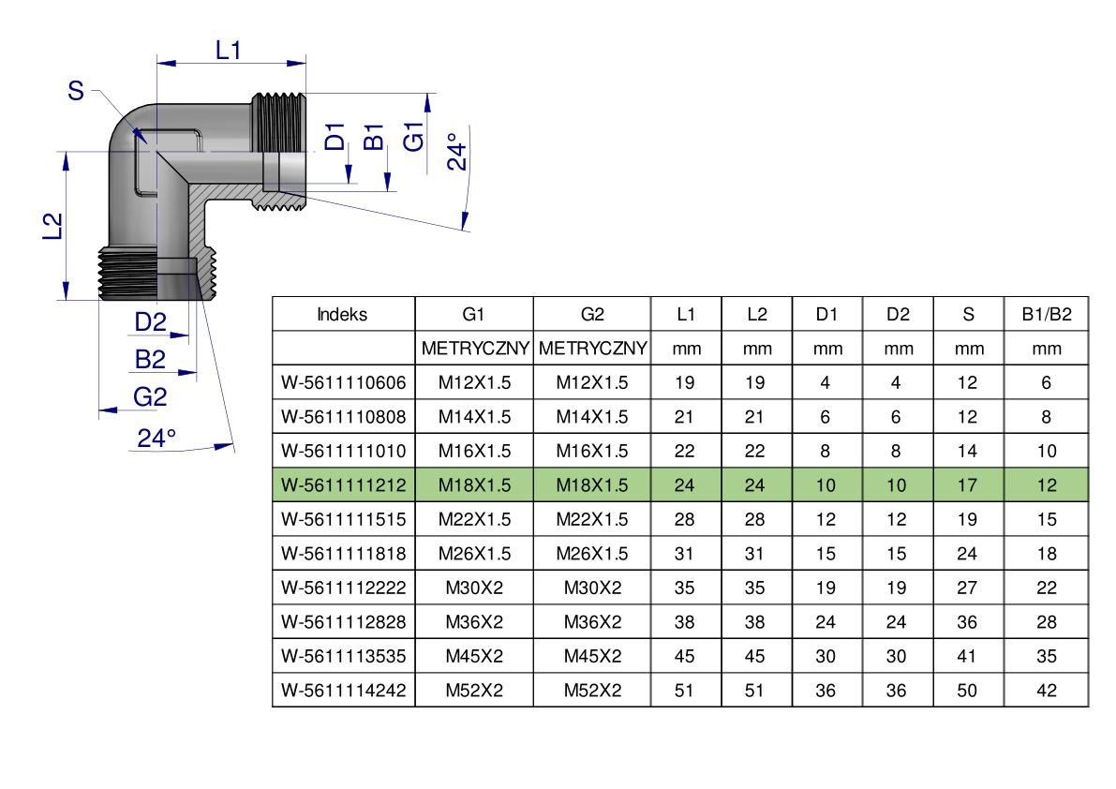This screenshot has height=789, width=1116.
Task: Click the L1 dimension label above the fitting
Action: click(229, 51)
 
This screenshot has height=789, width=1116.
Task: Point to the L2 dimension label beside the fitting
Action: click(54, 226)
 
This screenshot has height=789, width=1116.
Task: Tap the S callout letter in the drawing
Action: click(76, 91)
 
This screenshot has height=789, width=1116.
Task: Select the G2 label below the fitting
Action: click(150, 396)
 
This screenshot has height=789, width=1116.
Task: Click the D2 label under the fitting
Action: click(150, 322)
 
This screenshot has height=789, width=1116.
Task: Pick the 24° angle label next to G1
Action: click(457, 151)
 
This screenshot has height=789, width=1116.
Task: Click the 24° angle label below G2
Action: click(156, 438)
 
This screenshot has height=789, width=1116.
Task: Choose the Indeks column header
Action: click(342, 315)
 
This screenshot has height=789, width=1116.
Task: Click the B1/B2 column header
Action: click(1047, 315)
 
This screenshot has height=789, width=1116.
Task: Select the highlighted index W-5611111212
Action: click(344, 485)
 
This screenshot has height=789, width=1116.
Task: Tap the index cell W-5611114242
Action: click(344, 690)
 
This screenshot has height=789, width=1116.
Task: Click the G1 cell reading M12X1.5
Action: click(475, 382)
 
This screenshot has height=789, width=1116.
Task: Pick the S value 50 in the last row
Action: click(967, 690)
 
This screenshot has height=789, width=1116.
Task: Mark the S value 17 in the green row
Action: click(967, 485)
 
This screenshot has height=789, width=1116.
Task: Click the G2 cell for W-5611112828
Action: click(592, 622)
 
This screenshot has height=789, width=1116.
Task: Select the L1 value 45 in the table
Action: click(685, 656)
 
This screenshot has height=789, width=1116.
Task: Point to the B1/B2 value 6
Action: click(1047, 382)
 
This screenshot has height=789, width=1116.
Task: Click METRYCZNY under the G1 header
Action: click(475, 349)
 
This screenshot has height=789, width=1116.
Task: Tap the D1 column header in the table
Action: click(827, 315)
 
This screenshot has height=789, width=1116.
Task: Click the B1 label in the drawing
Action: click(375, 137)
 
